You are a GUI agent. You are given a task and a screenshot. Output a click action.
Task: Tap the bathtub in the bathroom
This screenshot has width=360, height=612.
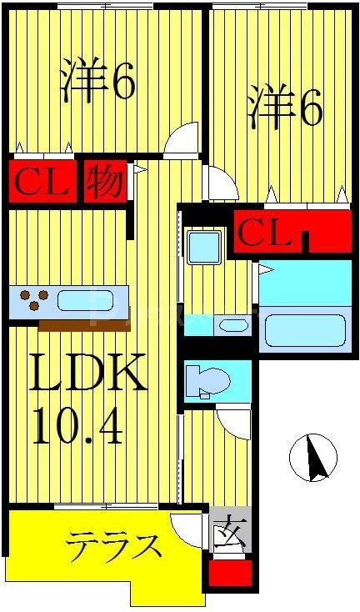305,331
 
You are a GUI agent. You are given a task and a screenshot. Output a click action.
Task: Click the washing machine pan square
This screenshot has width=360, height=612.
204,247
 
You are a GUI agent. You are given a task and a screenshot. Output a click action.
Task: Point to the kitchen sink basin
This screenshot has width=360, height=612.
86,301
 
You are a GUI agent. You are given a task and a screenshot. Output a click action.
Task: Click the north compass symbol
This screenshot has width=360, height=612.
313,458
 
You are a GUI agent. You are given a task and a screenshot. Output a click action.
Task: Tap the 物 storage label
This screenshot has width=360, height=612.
105,182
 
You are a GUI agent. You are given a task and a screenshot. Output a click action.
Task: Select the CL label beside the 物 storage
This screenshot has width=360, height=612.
42,182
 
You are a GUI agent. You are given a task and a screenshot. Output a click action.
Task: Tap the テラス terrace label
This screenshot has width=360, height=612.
113,546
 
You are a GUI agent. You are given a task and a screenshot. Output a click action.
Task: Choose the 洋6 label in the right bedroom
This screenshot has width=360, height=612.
286,106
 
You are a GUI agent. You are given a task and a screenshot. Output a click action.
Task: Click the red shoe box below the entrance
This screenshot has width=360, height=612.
230,573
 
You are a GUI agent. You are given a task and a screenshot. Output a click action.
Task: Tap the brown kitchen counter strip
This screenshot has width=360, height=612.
84,325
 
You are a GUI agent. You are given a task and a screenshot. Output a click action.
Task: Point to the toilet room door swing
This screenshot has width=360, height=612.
233,422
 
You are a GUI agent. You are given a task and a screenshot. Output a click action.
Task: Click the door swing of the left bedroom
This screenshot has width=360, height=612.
181,141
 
